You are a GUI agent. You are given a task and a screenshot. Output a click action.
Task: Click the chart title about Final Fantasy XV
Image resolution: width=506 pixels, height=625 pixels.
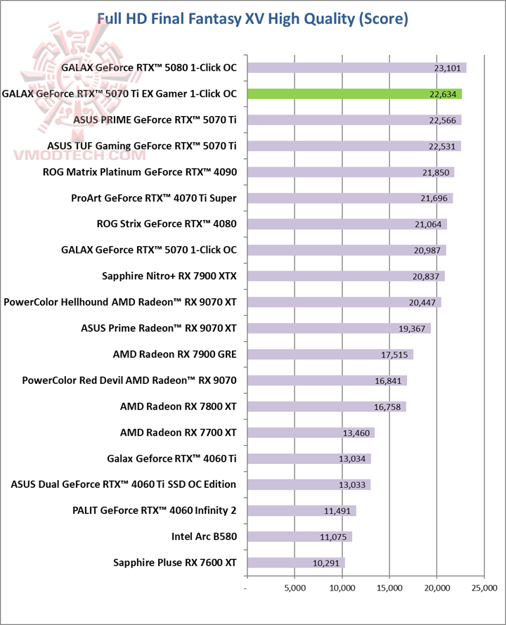pyautogui.click(x=252, y=19)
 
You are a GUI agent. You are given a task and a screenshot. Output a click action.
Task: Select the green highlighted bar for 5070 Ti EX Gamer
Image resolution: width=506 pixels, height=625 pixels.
pyautogui.click(x=354, y=94)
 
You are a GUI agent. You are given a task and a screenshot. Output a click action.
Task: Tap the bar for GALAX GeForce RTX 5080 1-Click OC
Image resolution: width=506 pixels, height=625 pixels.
pyautogui.click(x=356, y=68)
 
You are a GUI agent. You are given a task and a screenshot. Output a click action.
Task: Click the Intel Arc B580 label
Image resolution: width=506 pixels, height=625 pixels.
pyautogui.click(x=204, y=536)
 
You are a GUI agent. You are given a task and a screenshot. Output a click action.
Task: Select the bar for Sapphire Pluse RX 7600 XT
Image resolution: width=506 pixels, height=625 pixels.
pyautogui.click(x=296, y=562)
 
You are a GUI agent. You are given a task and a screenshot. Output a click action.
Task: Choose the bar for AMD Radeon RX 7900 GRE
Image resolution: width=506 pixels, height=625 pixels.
pyautogui.click(x=330, y=354)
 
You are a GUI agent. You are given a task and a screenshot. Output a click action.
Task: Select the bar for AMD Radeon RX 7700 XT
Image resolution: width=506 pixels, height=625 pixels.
pyautogui.click(x=311, y=432)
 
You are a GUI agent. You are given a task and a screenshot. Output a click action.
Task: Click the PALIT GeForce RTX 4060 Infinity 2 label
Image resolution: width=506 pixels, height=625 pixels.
pyautogui.click(x=154, y=510)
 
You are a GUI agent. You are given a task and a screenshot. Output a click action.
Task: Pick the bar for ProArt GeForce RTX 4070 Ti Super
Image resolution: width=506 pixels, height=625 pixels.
pyautogui.click(x=350, y=198)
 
